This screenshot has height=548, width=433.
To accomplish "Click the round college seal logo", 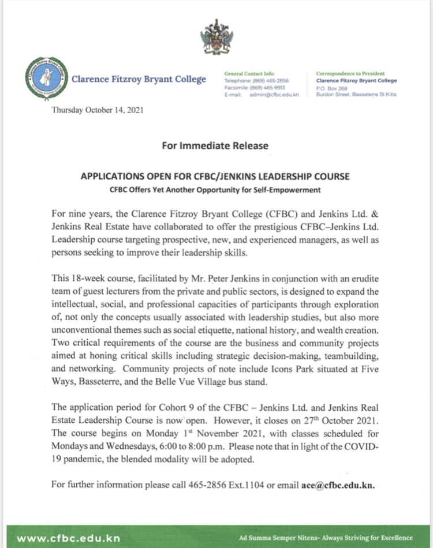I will point(44,79).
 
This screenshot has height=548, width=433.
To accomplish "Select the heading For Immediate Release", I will point(215,145).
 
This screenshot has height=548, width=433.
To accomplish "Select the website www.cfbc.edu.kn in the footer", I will point(68,538).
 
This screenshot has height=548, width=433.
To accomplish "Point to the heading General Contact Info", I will point(249,74).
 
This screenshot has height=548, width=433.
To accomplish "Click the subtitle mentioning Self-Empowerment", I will point(215,190).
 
